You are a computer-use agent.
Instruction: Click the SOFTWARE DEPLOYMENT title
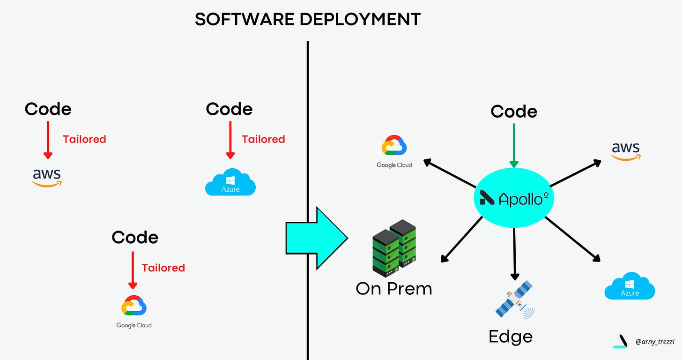[x=308, y=19]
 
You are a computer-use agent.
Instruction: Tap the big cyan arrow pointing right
[x=317, y=238]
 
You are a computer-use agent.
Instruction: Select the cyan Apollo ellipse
[x=514, y=199]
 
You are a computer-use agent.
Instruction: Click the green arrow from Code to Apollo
[x=514, y=145]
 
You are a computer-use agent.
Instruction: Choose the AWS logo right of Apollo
[x=625, y=151]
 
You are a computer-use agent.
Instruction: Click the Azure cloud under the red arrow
[x=230, y=182]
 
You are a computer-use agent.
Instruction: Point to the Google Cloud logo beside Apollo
[x=394, y=151]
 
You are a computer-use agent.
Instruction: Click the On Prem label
[x=394, y=288]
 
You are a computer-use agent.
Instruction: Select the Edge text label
[x=511, y=337]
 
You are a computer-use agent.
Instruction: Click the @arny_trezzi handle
[x=654, y=342]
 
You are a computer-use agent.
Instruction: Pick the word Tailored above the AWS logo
[x=84, y=139]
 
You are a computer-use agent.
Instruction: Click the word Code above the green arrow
[x=514, y=112]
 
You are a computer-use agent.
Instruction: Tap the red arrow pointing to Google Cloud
[x=133, y=270]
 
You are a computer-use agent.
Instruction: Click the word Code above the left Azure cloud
[x=229, y=109]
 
